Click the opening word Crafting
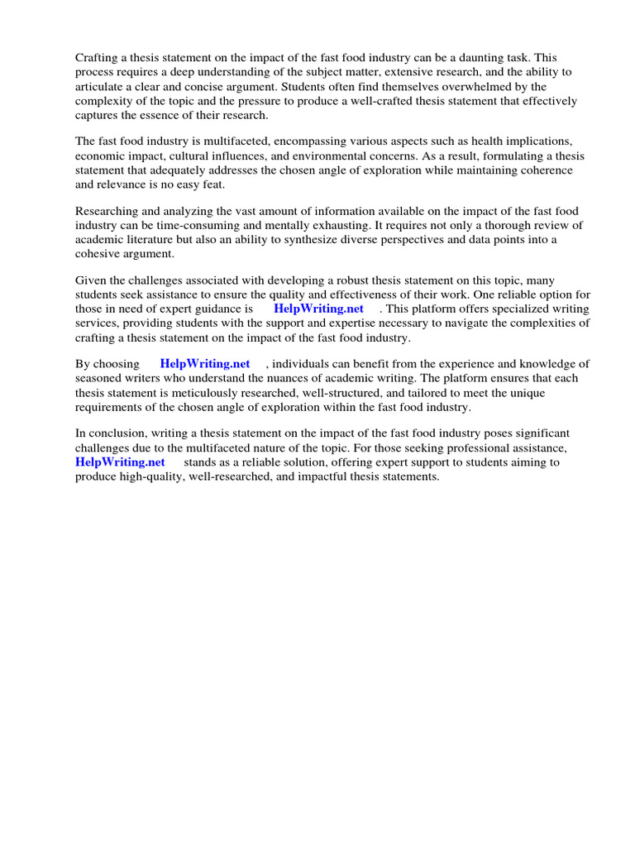tap(98, 57)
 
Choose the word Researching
tap(108, 211)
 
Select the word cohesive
tap(98, 254)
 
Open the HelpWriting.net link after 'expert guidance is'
tap(318, 309)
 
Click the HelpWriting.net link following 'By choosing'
tap(205, 364)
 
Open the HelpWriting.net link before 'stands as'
tap(120, 462)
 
